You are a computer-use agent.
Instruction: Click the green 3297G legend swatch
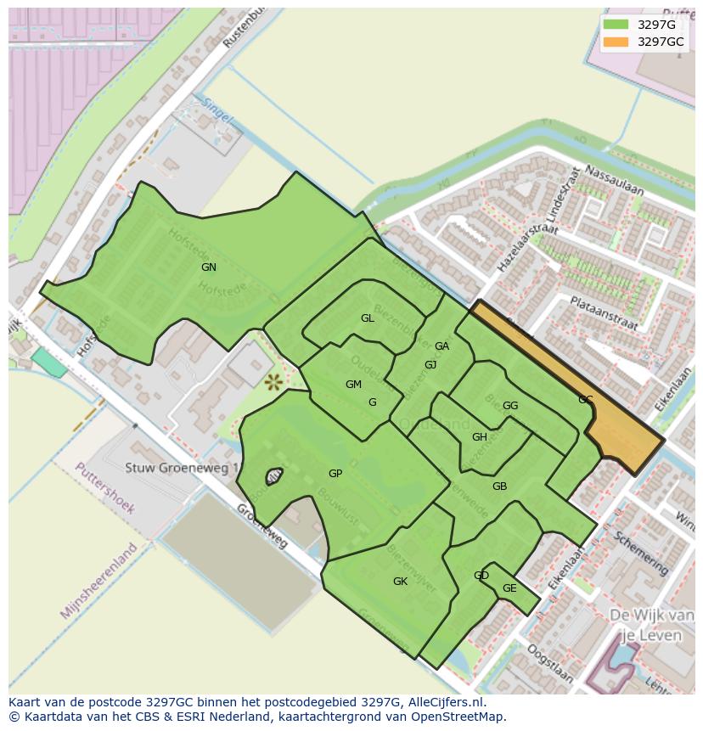click(x=616, y=25)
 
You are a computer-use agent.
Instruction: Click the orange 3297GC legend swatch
click(x=616, y=42)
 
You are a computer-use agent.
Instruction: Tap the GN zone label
click(x=208, y=267)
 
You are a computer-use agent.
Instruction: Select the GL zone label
click(x=367, y=318)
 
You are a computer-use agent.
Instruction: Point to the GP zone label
click(x=335, y=474)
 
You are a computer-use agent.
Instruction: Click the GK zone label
click(x=400, y=582)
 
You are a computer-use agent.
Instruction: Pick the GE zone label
click(x=509, y=588)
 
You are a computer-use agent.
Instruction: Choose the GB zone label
click(x=499, y=486)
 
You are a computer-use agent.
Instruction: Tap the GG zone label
click(x=509, y=406)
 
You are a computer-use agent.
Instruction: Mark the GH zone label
click(x=479, y=437)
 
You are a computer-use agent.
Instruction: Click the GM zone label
click(x=353, y=385)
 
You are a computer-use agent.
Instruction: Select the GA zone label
click(x=441, y=346)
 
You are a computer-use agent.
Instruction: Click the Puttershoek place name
click(x=104, y=488)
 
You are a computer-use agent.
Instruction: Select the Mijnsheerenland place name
click(x=98, y=581)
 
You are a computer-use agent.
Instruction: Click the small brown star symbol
click(x=273, y=382)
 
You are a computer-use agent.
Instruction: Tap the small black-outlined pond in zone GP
click(x=274, y=477)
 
